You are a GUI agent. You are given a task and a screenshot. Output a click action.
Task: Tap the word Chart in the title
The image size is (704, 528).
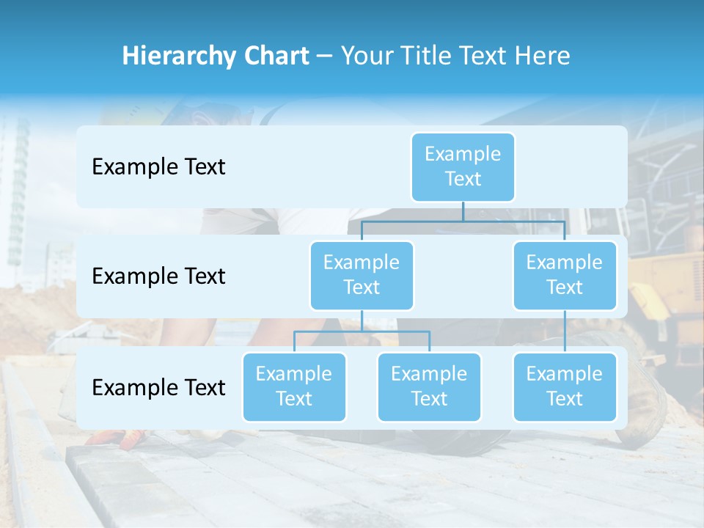click(x=276, y=56)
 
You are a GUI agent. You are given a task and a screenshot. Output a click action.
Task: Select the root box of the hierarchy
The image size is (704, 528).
click(x=463, y=166)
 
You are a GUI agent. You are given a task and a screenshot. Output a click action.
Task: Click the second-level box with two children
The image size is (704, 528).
click(x=362, y=275)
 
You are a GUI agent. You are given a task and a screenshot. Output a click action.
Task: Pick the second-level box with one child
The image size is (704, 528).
click(x=565, y=275)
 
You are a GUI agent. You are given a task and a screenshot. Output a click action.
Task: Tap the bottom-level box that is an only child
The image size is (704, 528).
click(x=565, y=386)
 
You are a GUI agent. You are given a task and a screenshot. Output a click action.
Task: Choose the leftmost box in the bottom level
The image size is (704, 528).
click(x=294, y=386)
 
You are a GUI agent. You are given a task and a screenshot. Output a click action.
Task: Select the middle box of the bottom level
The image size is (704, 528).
click(x=429, y=386)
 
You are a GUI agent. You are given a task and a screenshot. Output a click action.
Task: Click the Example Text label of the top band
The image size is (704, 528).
click(x=158, y=167)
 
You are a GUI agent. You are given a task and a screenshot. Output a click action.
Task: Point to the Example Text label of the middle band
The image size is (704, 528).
click(x=158, y=276)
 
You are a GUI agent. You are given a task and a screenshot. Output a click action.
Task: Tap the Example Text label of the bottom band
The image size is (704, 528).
click(x=158, y=387)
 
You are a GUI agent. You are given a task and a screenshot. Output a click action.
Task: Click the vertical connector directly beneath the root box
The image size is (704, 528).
click(x=463, y=211)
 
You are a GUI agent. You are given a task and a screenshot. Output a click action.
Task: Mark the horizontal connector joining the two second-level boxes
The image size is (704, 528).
click(x=463, y=221)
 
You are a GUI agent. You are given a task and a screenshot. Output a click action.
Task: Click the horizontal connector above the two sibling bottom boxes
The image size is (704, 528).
click(x=362, y=331)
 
